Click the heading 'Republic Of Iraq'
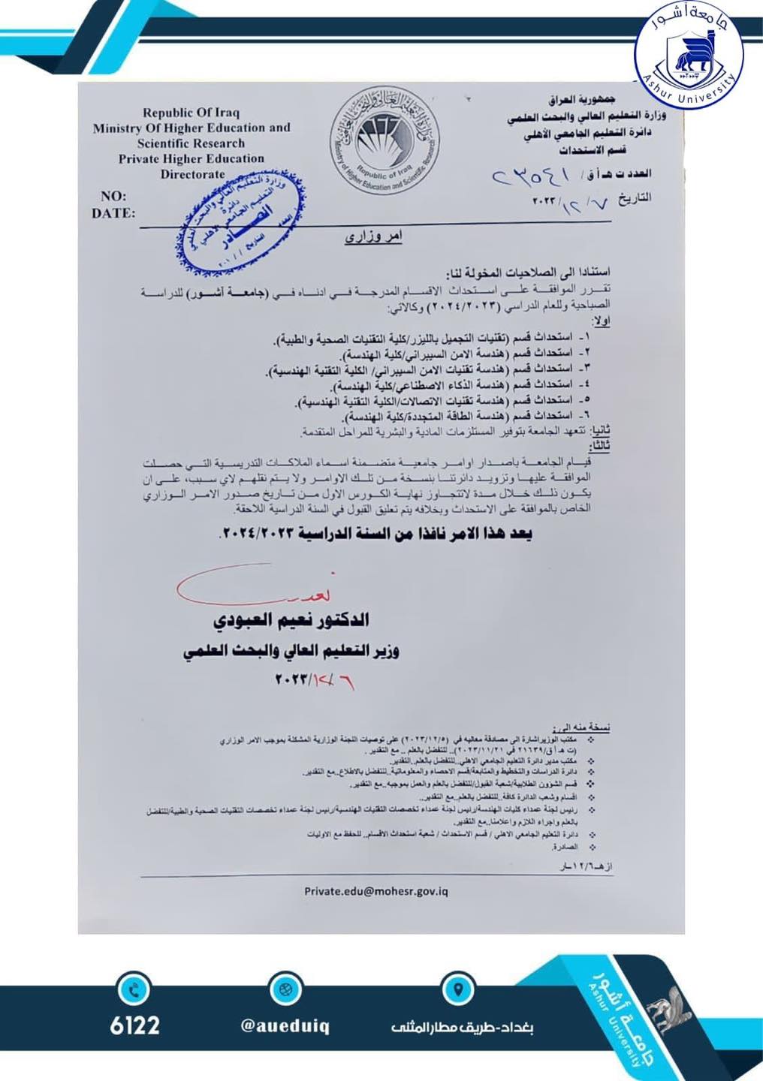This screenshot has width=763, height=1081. tap(191, 113)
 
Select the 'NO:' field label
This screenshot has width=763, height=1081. tap(113, 196)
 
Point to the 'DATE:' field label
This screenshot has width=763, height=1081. tap(113, 213)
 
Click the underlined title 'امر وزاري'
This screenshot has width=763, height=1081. tap(373, 237)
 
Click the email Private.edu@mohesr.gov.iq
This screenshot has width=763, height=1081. tap(376, 891)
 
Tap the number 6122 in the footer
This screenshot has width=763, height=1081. tap(135, 1025)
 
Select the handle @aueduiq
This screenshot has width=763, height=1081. tap(285, 1025)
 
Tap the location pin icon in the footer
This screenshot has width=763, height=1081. tap(457, 989)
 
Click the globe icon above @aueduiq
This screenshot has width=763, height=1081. tap(285, 989)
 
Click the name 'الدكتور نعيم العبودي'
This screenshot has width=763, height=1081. tap(291, 620)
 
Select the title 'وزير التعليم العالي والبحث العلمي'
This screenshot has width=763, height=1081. tap(291, 651)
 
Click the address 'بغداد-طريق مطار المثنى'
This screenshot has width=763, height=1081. tap(461, 1027)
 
